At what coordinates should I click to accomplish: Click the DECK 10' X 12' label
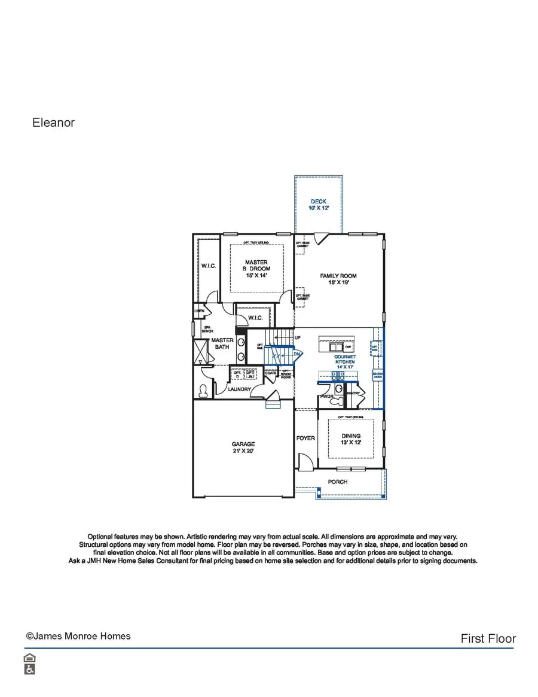(x=318, y=205)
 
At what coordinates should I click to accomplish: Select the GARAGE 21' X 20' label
(x=243, y=448)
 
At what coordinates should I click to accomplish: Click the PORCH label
(x=338, y=482)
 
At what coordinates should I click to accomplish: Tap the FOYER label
(x=305, y=438)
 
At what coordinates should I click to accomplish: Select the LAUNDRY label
(x=239, y=389)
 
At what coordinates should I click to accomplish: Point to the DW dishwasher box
(x=348, y=346)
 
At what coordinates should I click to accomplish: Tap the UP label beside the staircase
(x=298, y=338)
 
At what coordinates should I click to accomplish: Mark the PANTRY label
(x=354, y=393)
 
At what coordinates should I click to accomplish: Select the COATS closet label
(x=271, y=373)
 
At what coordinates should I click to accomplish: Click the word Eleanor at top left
(x=53, y=123)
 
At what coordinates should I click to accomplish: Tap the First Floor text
(x=488, y=638)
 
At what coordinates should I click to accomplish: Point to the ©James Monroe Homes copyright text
(x=78, y=636)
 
